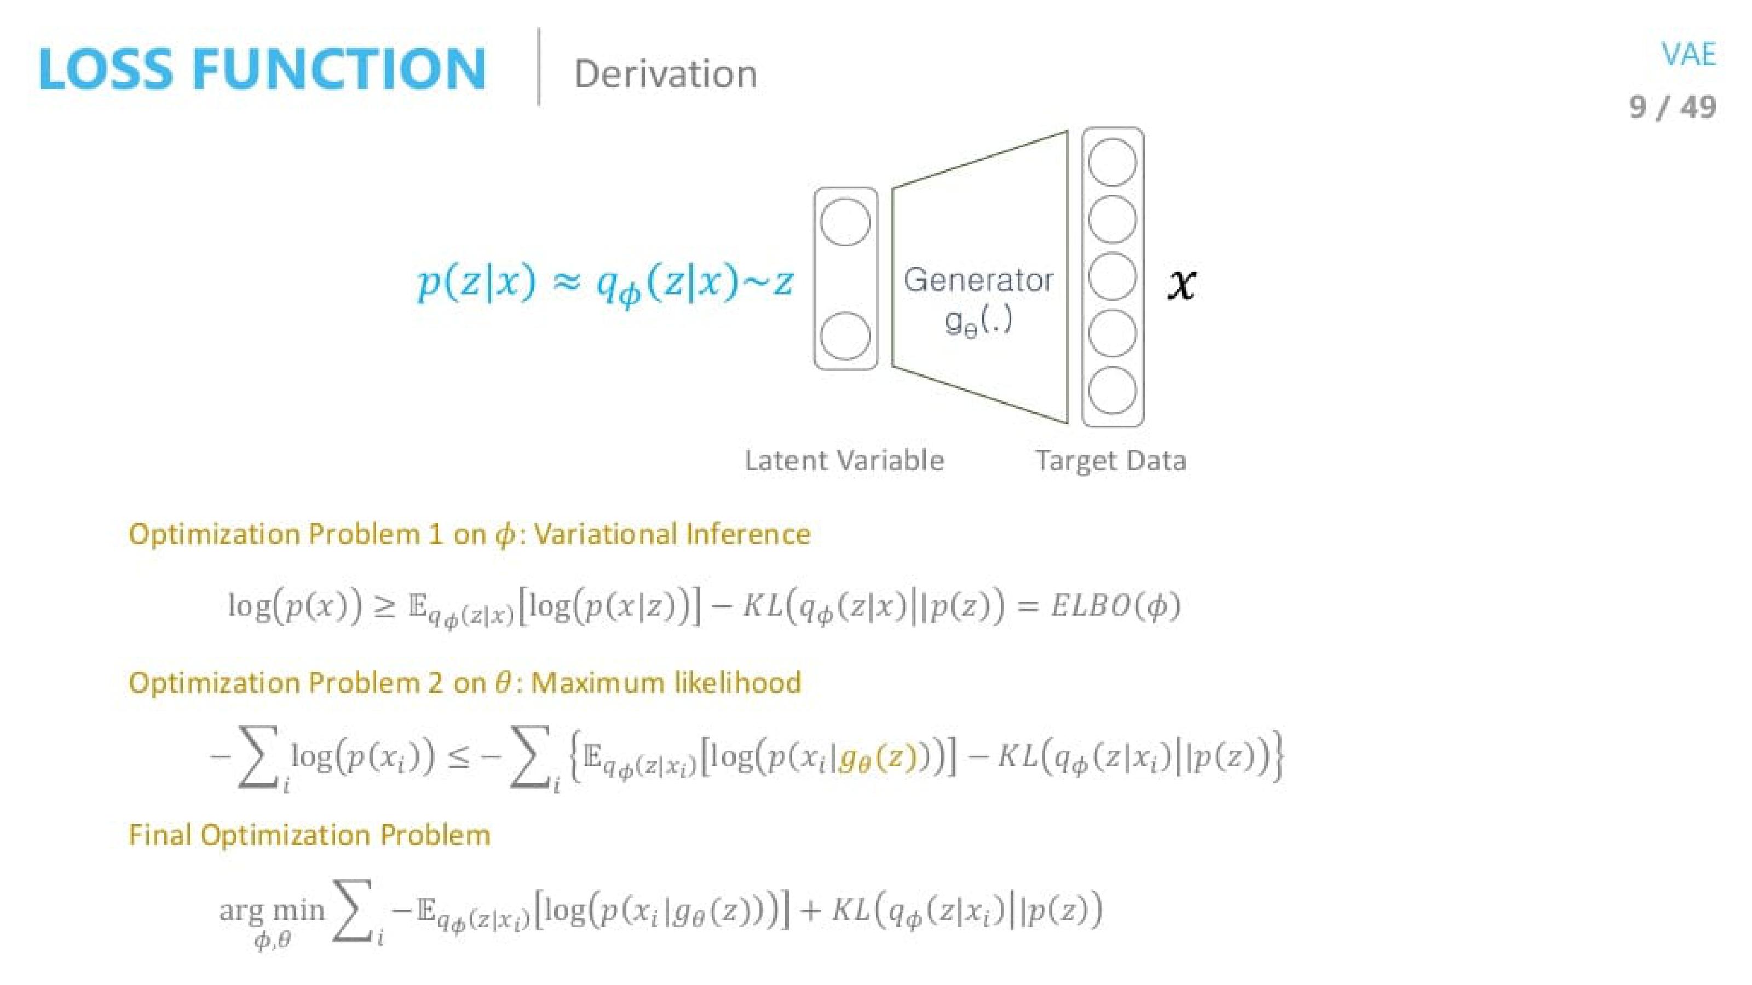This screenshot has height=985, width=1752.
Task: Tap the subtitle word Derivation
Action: [x=665, y=73]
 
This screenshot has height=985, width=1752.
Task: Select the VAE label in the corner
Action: [x=1688, y=54]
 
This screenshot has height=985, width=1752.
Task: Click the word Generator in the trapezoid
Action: [x=978, y=280]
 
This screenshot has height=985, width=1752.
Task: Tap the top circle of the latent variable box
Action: [x=845, y=222]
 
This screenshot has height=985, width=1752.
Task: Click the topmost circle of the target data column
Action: [x=1112, y=163]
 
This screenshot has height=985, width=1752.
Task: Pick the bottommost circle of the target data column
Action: [x=1112, y=391]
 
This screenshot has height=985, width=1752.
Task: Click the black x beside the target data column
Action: [x=1182, y=283]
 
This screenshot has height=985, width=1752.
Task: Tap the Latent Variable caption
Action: [x=844, y=460]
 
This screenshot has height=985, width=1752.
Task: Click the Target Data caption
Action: [x=1111, y=460]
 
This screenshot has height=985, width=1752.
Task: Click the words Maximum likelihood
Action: [x=666, y=682]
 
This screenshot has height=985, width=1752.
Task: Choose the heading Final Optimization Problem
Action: [x=309, y=835]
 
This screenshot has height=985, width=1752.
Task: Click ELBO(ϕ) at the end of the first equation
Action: [x=1115, y=605]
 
